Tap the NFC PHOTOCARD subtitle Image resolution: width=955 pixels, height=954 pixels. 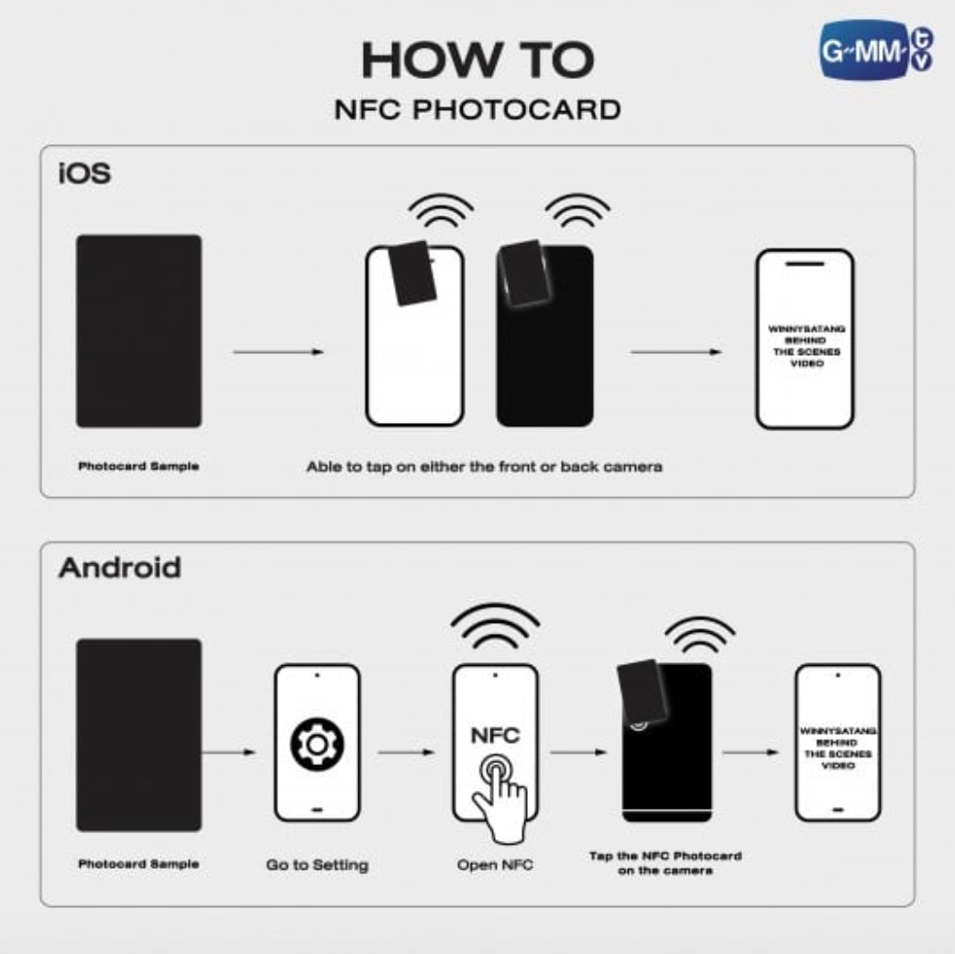[477, 110]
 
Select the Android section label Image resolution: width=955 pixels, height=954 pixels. [119, 568]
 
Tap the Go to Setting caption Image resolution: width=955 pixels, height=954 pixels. [317, 865]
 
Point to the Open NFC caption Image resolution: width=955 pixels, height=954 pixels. [495, 865]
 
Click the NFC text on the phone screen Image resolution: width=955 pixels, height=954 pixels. [495, 736]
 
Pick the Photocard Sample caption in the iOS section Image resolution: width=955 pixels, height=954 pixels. [138, 466]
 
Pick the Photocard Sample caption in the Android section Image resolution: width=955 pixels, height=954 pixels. [138, 864]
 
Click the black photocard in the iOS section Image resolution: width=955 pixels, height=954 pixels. [138, 331]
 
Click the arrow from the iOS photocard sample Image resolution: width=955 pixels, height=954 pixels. [278, 351]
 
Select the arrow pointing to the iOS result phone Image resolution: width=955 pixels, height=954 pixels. [676, 351]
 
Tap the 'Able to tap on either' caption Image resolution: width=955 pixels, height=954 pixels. [484, 467]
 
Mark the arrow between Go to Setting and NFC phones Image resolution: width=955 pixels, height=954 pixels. [406, 753]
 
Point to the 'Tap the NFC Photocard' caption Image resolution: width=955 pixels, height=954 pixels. [664, 862]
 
